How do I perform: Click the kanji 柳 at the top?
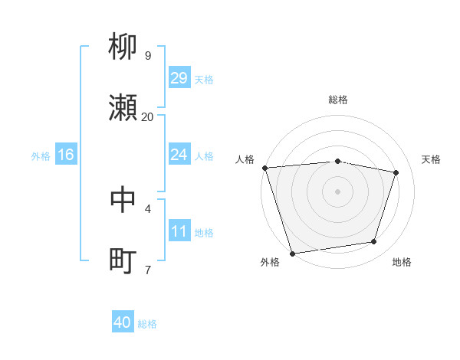coord(123,47)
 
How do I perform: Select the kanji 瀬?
coord(123,108)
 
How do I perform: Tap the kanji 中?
coord(123,200)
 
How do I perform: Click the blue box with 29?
coord(179,78)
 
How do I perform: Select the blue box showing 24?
coord(179,155)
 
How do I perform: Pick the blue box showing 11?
coord(179,231)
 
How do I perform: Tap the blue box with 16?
coord(66,155)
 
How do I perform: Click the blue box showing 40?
coord(123,322)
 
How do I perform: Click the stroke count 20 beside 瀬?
coord(147,116)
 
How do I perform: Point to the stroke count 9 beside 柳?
coord(147,55)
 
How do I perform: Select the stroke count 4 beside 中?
coord(147,208)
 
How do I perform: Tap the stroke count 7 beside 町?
coord(147,270)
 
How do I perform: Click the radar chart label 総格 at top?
coord(338,100)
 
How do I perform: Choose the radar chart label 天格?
coord(432,159)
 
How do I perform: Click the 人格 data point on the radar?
coord(264,168)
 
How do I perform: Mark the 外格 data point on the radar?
coord(292,253)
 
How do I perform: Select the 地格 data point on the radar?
coord(374,242)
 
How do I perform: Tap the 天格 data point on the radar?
coord(396,172)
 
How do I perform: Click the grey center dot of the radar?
coord(338,191)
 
